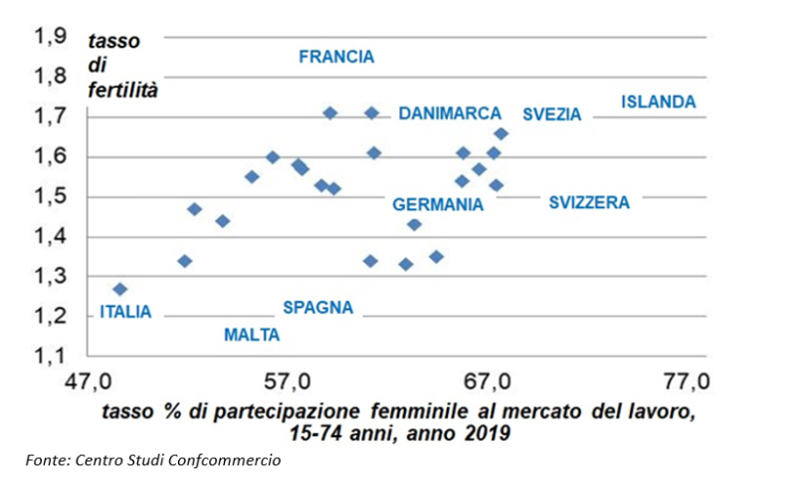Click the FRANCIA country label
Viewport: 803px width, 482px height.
point(336,57)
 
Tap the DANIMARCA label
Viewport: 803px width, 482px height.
point(450,114)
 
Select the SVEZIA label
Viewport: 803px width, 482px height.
point(551,115)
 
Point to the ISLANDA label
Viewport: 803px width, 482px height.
point(659,102)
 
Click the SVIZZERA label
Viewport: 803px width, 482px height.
point(589,202)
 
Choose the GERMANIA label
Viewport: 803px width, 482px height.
point(438,204)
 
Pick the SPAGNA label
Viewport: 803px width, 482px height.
point(317,307)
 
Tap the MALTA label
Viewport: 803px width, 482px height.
point(252,335)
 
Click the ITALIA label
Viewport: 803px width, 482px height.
point(125,312)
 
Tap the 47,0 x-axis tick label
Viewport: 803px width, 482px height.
point(88,381)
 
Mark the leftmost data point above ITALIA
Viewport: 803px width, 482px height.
point(120,289)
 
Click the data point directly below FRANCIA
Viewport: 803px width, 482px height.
point(330,113)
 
